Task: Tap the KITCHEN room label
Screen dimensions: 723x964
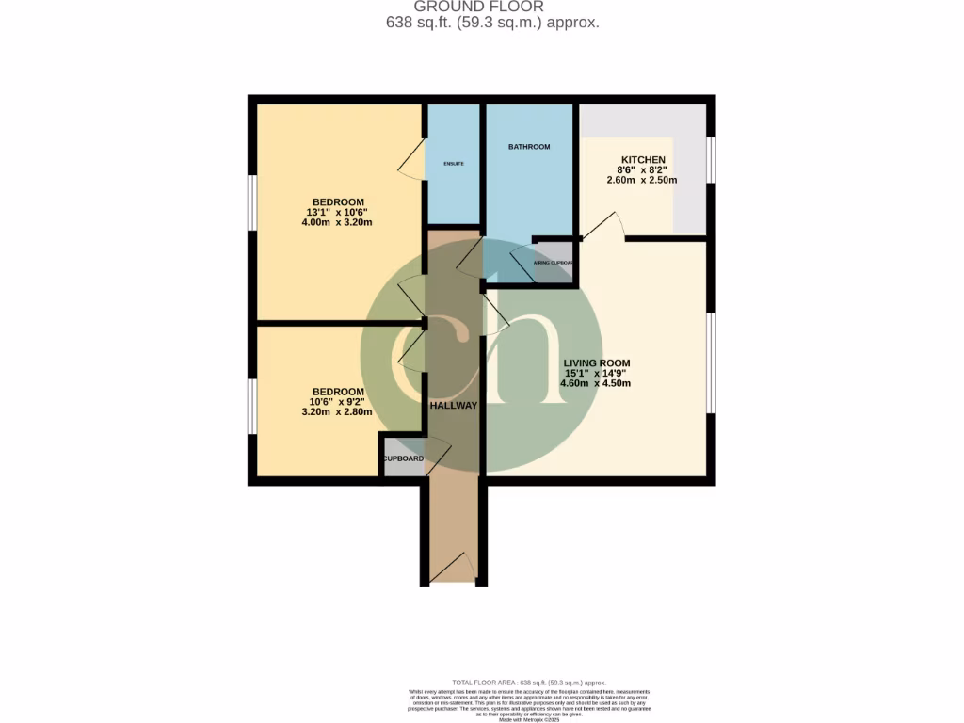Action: pyautogui.click(x=642, y=160)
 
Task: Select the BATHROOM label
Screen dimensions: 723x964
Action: pyautogui.click(x=528, y=147)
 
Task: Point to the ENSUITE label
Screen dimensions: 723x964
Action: pyautogui.click(x=454, y=164)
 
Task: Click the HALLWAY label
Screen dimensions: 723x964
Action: pyautogui.click(x=454, y=406)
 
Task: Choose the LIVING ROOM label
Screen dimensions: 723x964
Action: pyautogui.click(x=596, y=363)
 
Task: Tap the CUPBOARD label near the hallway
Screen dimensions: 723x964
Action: pyautogui.click(x=402, y=459)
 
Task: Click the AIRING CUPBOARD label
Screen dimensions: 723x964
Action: pyautogui.click(x=554, y=264)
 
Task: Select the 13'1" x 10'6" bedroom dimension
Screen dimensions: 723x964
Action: pyautogui.click(x=338, y=213)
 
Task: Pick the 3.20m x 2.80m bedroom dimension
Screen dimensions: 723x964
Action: pyautogui.click(x=337, y=412)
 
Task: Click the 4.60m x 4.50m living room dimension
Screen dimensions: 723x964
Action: pyautogui.click(x=596, y=383)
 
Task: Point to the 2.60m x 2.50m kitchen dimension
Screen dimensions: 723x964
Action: pyautogui.click(x=642, y=180)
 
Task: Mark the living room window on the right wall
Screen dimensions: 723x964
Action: pyautogui.click(x=712, y=363)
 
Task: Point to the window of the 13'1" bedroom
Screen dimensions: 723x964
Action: pyautogui.click(x=252, y=202)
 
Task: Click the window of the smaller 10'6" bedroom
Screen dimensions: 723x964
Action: pyautogui.click(x=252, y=407)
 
